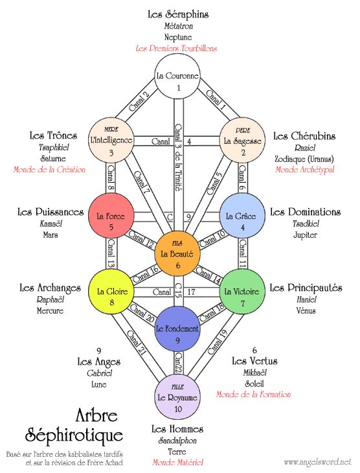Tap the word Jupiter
coord(305,235)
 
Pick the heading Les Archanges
coord(50,287)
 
